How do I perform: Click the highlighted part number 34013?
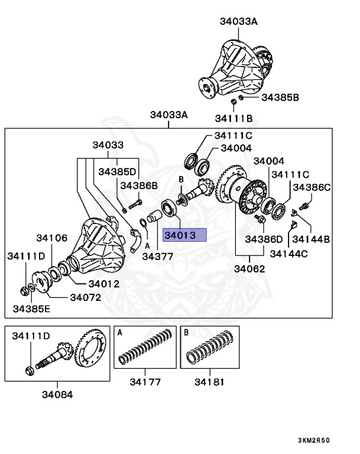pyautogui.click(x=185, y=236)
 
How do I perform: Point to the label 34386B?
pyautogui.click(x=139, y=186)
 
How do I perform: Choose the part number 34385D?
pyautogui.click(x=117, y=171)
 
